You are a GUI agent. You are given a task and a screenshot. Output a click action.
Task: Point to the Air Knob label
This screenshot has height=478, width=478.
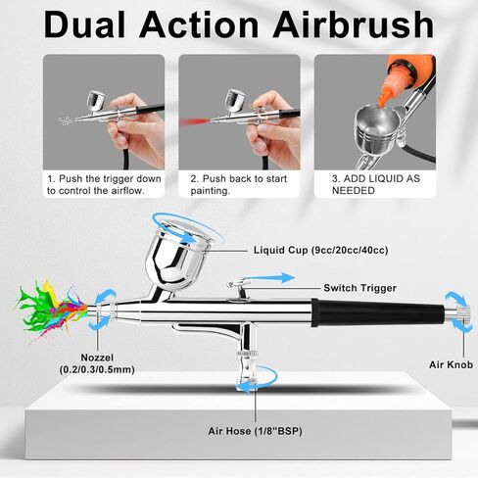[451, 364]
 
